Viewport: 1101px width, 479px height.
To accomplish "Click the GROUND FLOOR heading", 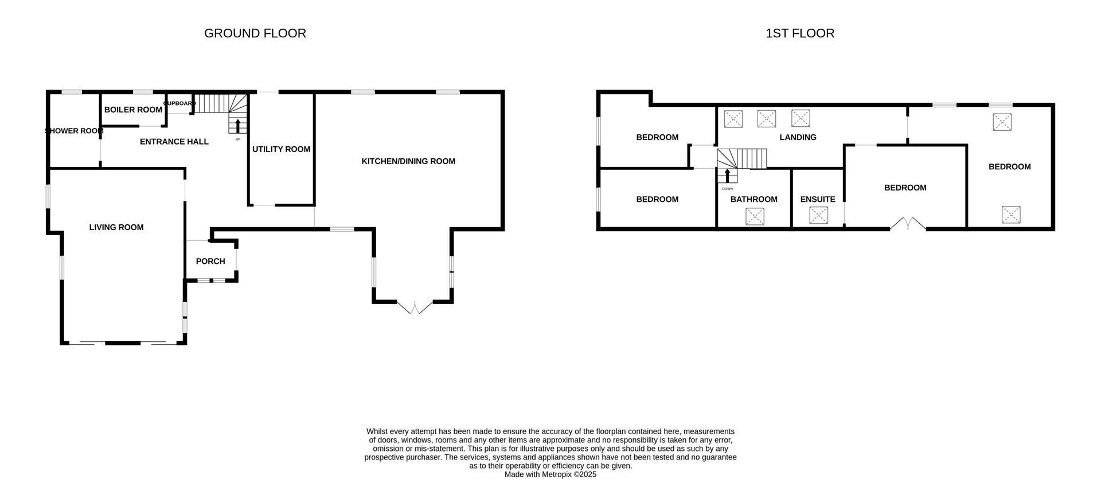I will point(255,33).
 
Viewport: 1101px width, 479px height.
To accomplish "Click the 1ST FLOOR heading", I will point(799,33).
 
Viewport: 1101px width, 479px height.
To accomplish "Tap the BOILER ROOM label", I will point(133,110).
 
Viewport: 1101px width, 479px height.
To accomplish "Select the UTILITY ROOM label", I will point(281,149).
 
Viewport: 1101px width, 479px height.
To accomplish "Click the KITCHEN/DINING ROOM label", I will point(408,161).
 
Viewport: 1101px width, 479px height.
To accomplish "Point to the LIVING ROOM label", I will point(116,227).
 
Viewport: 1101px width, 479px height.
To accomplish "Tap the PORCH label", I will point(210,261).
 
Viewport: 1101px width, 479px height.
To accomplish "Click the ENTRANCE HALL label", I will point(174,142).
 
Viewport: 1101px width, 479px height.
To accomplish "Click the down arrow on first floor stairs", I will point(727,176).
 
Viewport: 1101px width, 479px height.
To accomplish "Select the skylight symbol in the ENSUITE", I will point(818,216).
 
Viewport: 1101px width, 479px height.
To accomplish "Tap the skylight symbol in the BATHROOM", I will point(755,216).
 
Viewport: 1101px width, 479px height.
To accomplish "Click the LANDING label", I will point(798,137).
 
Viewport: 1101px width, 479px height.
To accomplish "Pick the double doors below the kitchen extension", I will point(414,307).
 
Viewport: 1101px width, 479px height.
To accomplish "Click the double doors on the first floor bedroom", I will point(908,224).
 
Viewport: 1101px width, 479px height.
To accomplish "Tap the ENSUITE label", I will point(818,199).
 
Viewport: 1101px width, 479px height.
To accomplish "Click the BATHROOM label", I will point(753,199).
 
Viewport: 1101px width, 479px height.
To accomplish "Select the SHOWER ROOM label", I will point(75,131).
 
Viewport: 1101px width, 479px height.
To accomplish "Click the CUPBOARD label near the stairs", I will point(179,103).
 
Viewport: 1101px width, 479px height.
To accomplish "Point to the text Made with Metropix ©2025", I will point(550,474).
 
